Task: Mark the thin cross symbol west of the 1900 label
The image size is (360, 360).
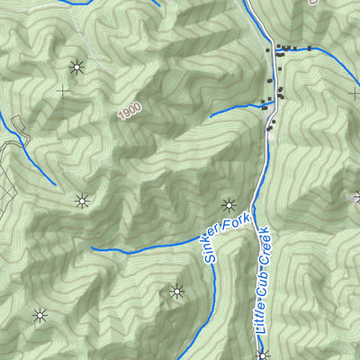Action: point(63,91)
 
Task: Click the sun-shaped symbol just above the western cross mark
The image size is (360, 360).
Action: point(76,66)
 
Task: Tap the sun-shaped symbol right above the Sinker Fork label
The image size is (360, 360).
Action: point(229,203)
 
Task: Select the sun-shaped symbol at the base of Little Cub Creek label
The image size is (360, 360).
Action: point(262,355)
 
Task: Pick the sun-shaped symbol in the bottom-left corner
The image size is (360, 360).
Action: point(40,315)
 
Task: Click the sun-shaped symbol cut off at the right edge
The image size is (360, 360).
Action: point(356,197)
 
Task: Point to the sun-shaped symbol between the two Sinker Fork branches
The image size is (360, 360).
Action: point(176,291)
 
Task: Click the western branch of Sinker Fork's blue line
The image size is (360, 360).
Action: point(144,249)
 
